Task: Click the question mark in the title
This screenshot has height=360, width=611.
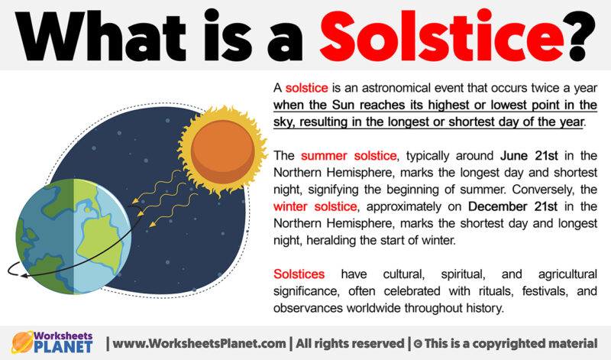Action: click(577, 34)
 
